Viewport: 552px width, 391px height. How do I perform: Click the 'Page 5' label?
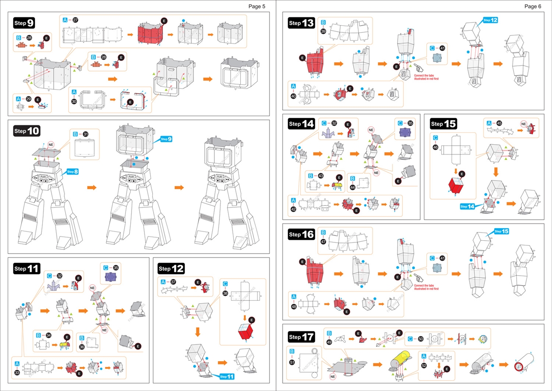[x=257, y=6]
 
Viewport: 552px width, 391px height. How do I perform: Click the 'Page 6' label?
[x=533, y=6]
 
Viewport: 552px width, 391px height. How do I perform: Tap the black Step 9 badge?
[x=25, y=23]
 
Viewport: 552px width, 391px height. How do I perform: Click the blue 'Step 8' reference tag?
[x=72, y=172]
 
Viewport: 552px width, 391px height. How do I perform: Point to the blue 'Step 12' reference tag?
[x=490, y=20]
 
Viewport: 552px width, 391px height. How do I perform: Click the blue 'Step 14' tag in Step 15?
[x=467, y=207]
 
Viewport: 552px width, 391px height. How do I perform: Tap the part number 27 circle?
[x=75, y=20]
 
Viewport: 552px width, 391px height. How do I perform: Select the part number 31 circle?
[x=85, y=134]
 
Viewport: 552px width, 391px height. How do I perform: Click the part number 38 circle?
[x=225, y=292]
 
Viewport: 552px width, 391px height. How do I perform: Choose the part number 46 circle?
[x=435, y=147]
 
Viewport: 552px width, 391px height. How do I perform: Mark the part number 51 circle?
[x=292, y=362]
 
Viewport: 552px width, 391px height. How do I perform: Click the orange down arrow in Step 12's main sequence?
[x=198, y=332]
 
